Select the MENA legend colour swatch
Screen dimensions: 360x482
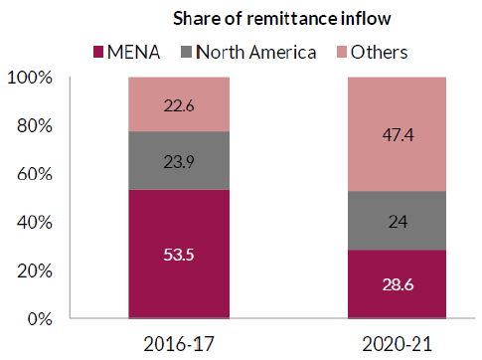[x=98, y=50]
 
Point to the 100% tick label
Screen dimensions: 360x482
[x=33, y=78]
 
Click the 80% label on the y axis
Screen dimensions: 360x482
[x=37, y=126]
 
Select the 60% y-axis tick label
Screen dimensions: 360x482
[x=37, y=174]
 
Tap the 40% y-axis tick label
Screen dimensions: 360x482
[x=37, y=223]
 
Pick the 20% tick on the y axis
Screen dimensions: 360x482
[x=37, y=270]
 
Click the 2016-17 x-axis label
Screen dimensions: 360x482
[x=180, y=345]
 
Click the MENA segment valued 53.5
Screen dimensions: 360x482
[x=180, y=255]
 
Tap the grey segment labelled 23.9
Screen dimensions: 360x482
[x=180, y=161]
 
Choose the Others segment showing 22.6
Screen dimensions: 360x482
[x=180, y=104]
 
